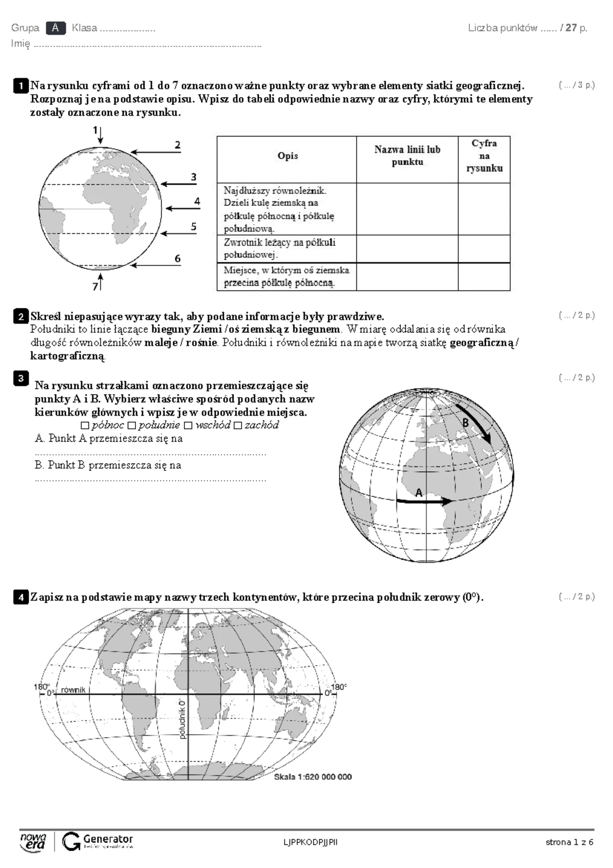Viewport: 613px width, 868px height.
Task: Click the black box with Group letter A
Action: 56,28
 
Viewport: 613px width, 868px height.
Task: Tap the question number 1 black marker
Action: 20,85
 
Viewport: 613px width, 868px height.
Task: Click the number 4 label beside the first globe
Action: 197,201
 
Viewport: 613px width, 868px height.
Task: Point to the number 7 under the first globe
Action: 95,287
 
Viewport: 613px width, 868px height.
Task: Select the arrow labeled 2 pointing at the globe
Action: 155,152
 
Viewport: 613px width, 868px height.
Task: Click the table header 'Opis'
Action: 288,156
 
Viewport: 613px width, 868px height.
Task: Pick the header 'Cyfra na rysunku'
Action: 484,156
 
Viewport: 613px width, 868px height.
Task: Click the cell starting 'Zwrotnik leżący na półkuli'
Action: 287,248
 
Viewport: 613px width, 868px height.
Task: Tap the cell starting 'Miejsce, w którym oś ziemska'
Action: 287,277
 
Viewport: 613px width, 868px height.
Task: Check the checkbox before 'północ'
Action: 85,425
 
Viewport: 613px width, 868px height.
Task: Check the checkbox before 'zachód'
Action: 238,425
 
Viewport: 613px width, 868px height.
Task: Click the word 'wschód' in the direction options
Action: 213,425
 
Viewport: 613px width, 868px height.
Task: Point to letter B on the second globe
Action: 465,423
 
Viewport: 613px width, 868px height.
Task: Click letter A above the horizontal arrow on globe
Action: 419,493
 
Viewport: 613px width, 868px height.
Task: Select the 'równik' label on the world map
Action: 73,690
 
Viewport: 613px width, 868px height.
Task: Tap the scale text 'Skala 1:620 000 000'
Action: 313,776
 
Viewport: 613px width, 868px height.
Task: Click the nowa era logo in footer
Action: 33,841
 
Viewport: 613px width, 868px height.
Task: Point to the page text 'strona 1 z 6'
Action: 569,842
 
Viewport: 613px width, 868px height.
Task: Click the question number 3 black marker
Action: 20,378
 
